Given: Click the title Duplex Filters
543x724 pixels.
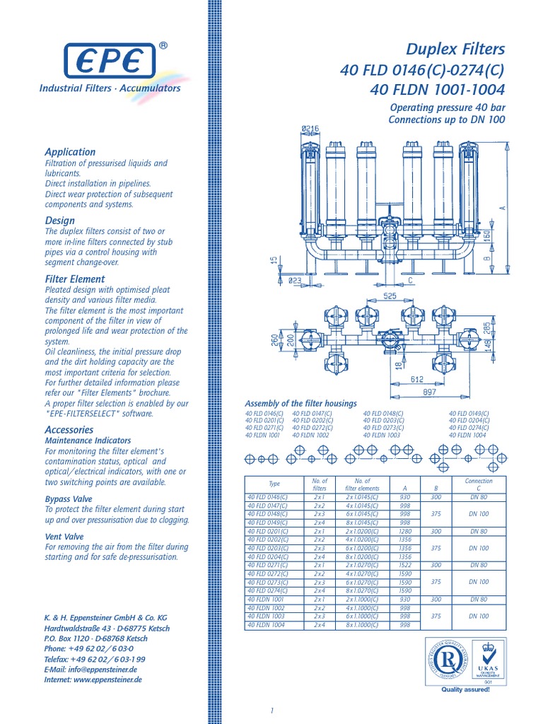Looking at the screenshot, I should tap(455, 49).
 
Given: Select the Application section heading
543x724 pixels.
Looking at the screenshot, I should tap(70, 151).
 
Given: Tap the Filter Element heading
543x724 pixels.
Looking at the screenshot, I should tap(75, 279).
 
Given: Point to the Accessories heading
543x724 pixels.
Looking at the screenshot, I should tap(69, 429).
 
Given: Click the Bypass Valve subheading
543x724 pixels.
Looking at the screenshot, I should tap(69, 498).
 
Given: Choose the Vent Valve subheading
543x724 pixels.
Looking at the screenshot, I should tap(64, 537).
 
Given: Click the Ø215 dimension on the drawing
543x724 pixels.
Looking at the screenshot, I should tap(310, 128).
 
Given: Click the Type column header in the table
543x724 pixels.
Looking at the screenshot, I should tap(274, 484).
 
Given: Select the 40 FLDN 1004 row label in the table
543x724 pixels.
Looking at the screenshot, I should tap(266, 624).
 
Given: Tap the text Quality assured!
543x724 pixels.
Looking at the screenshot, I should tap(465, 689).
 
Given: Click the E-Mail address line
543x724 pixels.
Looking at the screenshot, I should tap(90, 668).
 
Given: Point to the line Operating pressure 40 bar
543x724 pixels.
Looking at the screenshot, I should tap(448, 107).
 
